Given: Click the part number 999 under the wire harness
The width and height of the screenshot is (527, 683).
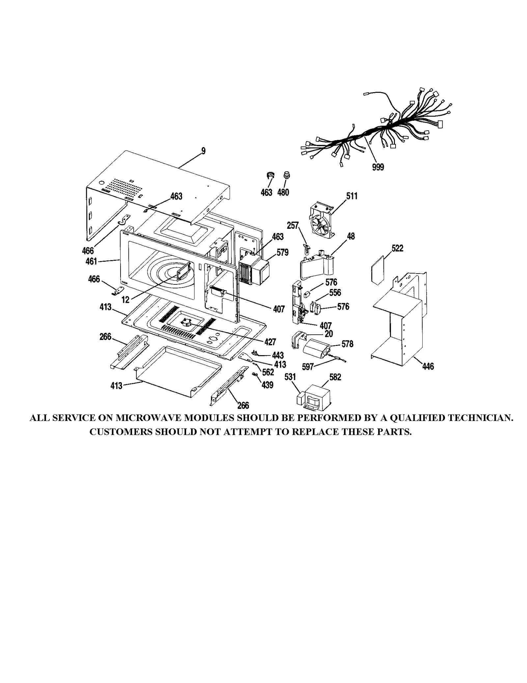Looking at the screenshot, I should [378, 167].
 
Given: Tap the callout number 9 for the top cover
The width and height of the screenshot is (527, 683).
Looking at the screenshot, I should [203, 151].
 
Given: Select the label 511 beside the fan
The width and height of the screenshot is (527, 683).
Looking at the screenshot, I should [352, 196].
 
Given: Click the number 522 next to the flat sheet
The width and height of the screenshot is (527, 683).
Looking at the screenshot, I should [397, 248].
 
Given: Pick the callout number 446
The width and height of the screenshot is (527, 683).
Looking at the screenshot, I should [428, 366].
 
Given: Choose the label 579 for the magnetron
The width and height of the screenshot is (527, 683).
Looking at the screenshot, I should [283, 252].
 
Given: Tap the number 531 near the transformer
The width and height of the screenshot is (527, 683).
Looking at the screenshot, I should [290, 377].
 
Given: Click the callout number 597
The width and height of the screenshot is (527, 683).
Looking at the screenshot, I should [308, 367].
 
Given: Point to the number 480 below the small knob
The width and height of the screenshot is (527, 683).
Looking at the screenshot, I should [283, 192].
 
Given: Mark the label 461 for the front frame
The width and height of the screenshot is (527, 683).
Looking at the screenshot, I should [91, 261].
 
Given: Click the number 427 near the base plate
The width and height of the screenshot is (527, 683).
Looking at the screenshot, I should [270, 342].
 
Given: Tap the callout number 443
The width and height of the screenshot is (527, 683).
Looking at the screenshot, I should [278, 355].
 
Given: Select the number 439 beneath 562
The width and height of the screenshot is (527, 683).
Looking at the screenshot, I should [267, 385].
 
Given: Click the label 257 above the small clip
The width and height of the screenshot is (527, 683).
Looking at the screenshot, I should [292, 225].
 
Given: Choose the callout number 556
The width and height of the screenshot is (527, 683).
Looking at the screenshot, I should [335, 292].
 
